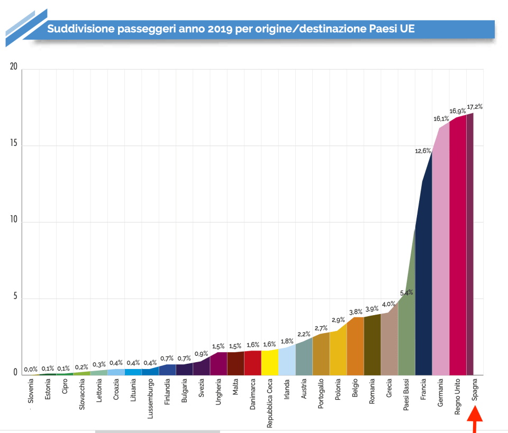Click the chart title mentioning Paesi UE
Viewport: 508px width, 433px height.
pyautogui.click(x=231, y=29)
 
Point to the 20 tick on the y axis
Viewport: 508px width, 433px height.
pyautogui.click(x=13, y=67)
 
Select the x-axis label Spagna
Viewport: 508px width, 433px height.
pyautogui.click(x=475, y=393)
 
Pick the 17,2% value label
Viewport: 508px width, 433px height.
pyautogui.click(x=475, y=106)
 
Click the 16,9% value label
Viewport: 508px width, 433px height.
pyautogui.click(x=458, y=111)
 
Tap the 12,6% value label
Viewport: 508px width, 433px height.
pyautogui.click(x=422, y=151)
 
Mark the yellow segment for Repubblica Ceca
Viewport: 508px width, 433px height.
pyautogui.click(x=270, y=363)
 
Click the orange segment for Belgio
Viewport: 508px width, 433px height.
pyautogui.click(x=355, y=346)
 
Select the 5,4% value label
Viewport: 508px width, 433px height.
pyautogui.click(x=406, y=292)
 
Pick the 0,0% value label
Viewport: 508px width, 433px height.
pyautogui.click(x=31, y=370)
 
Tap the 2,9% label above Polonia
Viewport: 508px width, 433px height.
pyautogui.click(x=338, y=320)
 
